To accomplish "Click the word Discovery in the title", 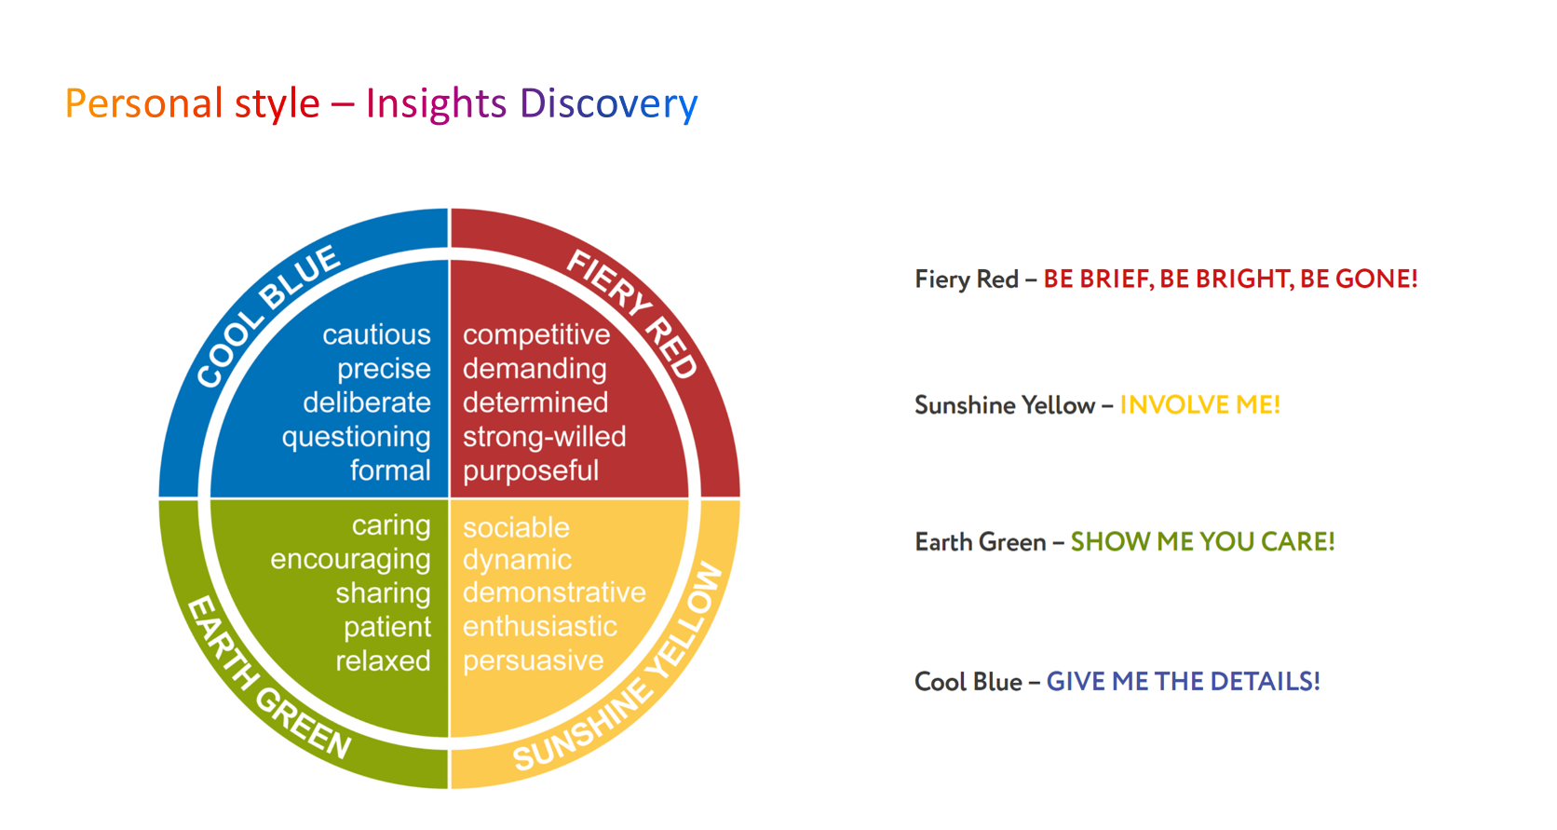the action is (x=608, y=104).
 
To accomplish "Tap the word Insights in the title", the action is (x=436, y=104).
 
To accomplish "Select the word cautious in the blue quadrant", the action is (x=376, y=334).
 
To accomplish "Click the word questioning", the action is (x=356, y=438).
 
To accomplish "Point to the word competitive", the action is (x=536, y=335).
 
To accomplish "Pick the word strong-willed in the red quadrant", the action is (x=544, y=437).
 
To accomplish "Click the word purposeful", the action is (x=531, y=471).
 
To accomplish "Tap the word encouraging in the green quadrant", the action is (x=350, y=560).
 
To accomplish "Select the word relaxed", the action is (x=383, y=660).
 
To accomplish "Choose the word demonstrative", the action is (x=555, y=592).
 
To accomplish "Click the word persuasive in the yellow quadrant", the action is (x=534, y=661).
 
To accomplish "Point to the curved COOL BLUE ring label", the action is (x=267, y=317).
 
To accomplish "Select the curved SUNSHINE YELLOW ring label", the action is (x=618, y=667).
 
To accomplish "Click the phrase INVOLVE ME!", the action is (x=1199, y=404).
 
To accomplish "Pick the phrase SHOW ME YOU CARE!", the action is (x=1202, y=541).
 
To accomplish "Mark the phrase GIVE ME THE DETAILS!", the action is (x=1183, y=681).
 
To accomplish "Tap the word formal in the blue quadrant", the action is (x=390, y=470).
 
